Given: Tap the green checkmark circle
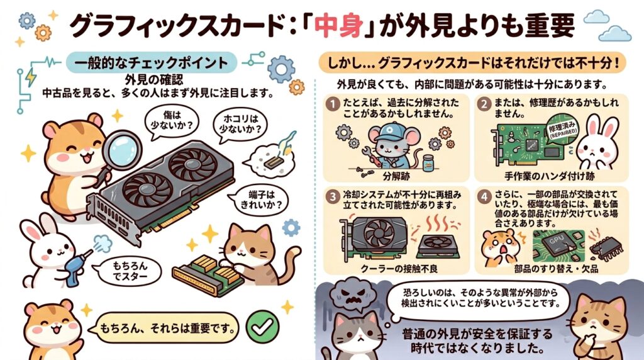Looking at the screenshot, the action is pos(262,327).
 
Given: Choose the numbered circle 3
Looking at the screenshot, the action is pos(333,196).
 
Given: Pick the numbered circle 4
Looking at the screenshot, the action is pos(484,196).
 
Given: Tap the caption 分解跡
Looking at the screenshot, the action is pos(396,176).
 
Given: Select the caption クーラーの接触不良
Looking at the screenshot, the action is pos(399,269).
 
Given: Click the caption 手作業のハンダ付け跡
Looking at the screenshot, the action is pos(550,176).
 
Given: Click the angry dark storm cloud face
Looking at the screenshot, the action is pos(353,297).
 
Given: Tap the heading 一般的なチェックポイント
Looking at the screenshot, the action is pos(151,63).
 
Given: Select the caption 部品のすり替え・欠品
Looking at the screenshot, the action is pos(556,269).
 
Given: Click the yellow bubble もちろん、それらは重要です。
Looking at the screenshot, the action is pos(167,328).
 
